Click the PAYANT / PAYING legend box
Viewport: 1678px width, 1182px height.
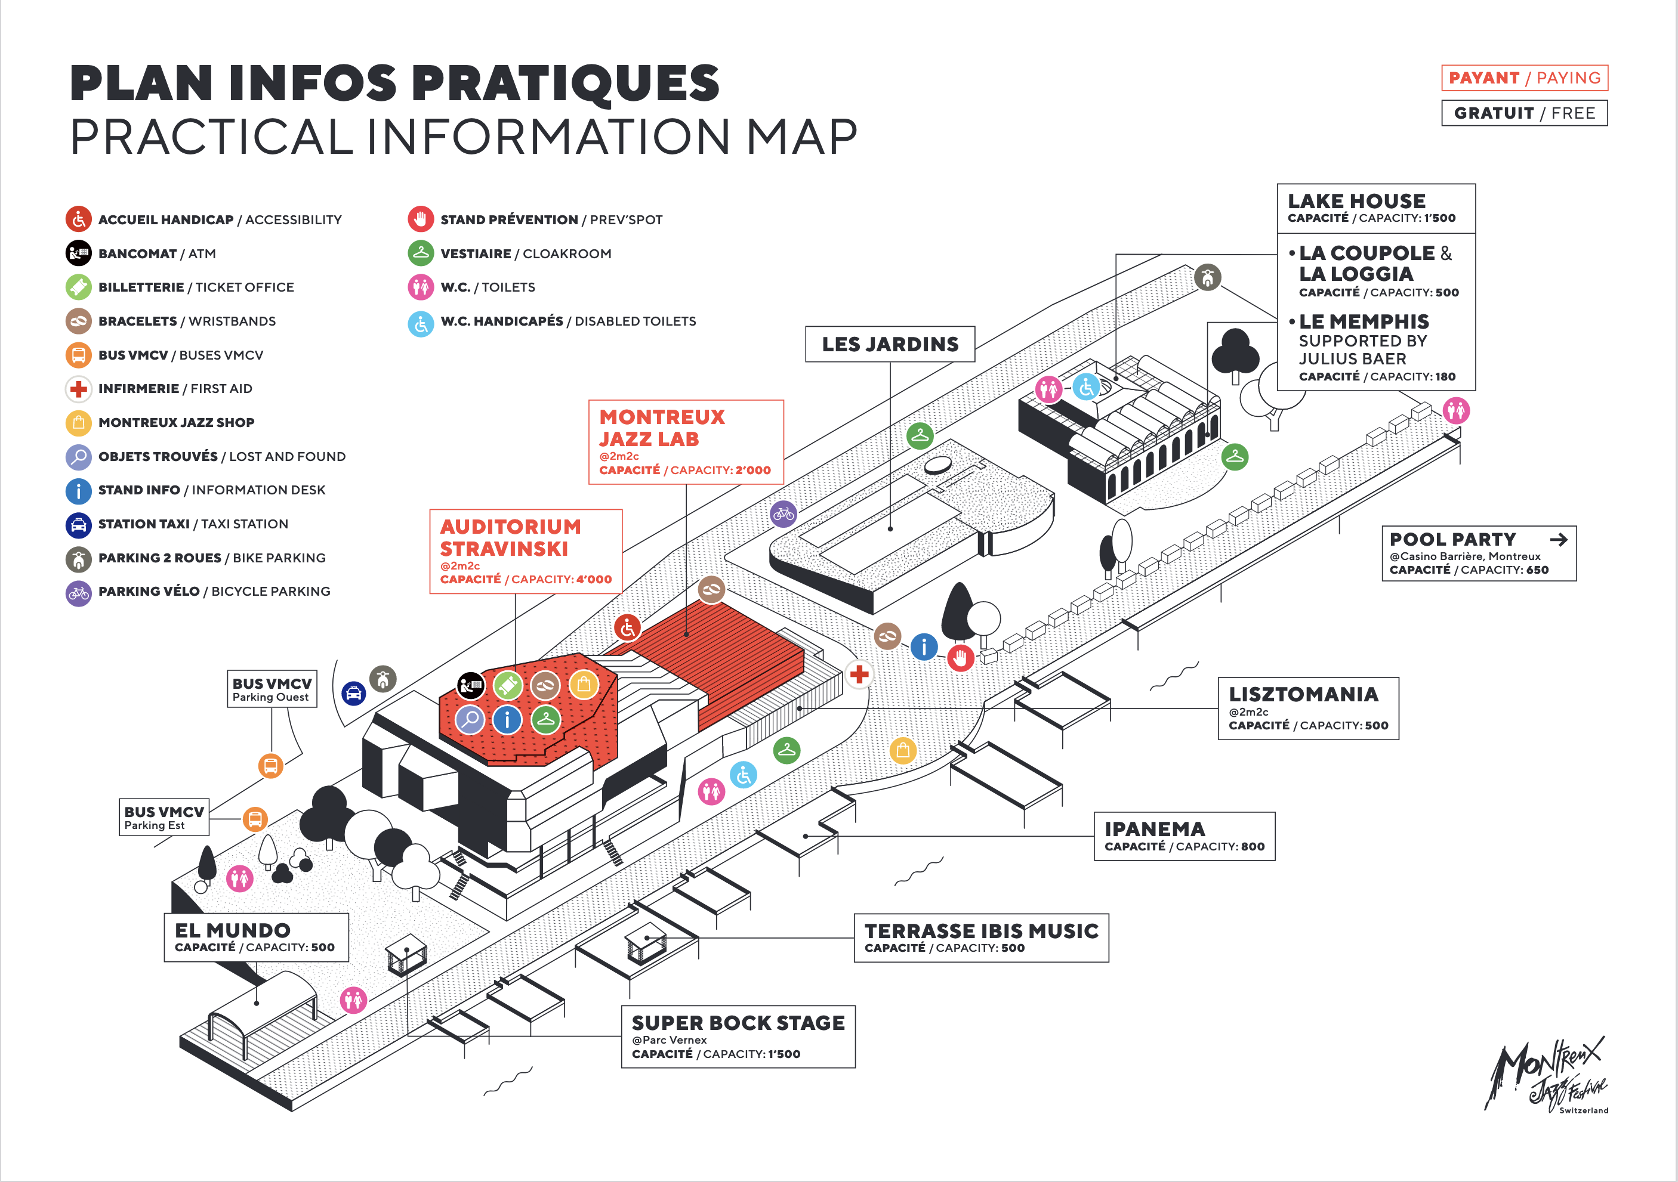pyautogui.click(x=1524, y=78)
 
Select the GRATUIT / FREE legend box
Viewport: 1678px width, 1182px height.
pyautogui.click(x=1524, y=113)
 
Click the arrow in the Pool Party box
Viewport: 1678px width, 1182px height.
pyautogui.click(x=1558, y=540)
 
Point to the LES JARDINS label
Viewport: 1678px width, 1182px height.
pyautogui.click(x=890, y=344)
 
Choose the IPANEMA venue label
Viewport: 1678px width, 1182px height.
pyautogui.click(x=1155, y=829)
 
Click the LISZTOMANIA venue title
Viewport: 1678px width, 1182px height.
pyautogui.click(x=1303, y=694)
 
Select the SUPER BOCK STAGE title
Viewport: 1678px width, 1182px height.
pyautogui.click(x=738, y=1023)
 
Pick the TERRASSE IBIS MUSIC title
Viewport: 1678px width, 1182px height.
pyautogui.click(x=981, y=931)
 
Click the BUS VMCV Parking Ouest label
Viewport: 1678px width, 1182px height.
pyautogui.click(x=272, y=689)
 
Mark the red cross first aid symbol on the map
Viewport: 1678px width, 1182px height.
pyautogui.click(x=859, y=674)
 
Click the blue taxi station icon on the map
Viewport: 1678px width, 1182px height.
pyautogui.click(x=354, y=692)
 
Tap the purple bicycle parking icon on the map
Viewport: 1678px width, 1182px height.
pyautogui.click(x=784, y=513)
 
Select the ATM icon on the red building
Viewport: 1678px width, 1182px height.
pyautogui.click(x=471, y=685)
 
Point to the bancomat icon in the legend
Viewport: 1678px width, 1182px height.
pyautogui.click(x=78, y=253)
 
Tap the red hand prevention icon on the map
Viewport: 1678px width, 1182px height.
pyautogui.click(x=960, y=657)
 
